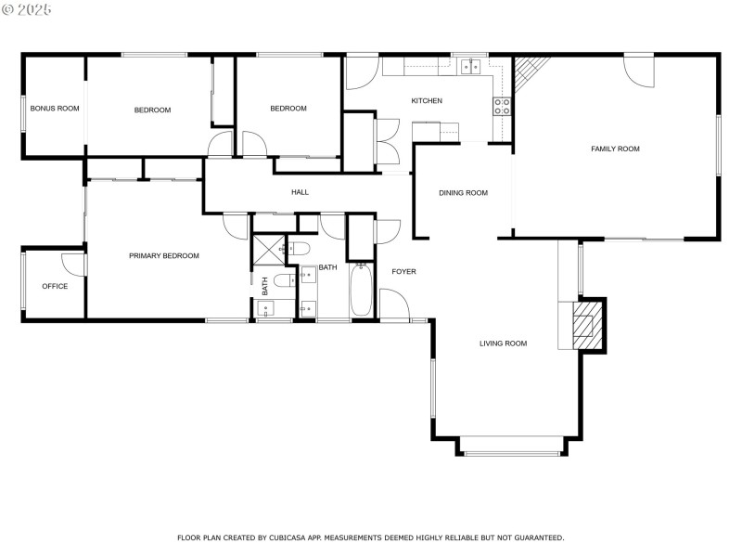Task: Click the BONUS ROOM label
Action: coord(55,109)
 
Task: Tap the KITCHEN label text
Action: coord(427,100)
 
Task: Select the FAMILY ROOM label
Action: coord(615,149)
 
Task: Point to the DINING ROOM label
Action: coord(463,193)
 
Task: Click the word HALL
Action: coord(300,192)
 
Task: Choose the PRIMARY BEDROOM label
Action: coord(163,255)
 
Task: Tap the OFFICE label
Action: coord(55,286)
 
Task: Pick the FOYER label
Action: coord(403,271)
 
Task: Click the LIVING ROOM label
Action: coord(503,343)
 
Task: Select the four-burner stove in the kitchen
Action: coord(502,106)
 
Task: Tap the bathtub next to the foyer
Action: coord(361,291)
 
